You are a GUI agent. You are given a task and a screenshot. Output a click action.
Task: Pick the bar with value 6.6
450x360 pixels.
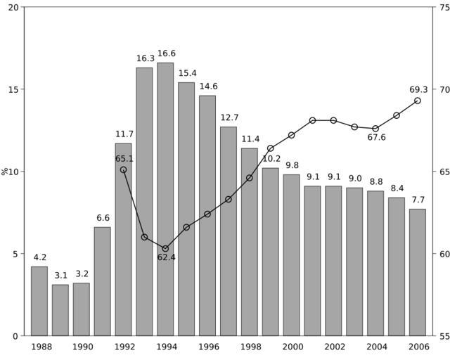coord(103,281)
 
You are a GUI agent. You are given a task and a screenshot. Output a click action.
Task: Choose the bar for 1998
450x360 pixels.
coord(250,242)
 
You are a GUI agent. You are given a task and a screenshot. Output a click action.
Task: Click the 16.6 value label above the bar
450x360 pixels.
coord(167,53)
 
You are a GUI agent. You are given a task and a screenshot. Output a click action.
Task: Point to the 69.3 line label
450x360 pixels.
coord(418,89)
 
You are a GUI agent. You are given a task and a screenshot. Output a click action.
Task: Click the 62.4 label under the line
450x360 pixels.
coord(167,257)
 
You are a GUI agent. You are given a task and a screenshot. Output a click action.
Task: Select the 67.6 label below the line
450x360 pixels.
coord(377,138)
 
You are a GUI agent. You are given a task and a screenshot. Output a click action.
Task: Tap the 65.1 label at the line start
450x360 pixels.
coord(124,159)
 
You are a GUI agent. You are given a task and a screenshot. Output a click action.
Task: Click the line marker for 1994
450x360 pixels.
coord(165,248)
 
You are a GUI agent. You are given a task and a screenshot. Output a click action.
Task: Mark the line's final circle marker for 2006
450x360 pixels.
coord(418,101)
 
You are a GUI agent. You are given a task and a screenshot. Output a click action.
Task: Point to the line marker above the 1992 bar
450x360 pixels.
coord(123,169)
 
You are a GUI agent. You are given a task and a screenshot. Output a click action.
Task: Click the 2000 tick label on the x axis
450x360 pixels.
coord(292,347)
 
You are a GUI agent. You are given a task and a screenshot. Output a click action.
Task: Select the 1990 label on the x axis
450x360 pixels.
coord(82,347)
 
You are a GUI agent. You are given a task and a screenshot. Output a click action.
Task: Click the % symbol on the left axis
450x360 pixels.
coord(5,171)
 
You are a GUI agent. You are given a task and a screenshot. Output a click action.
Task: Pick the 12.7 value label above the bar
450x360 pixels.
coord(229,117)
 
